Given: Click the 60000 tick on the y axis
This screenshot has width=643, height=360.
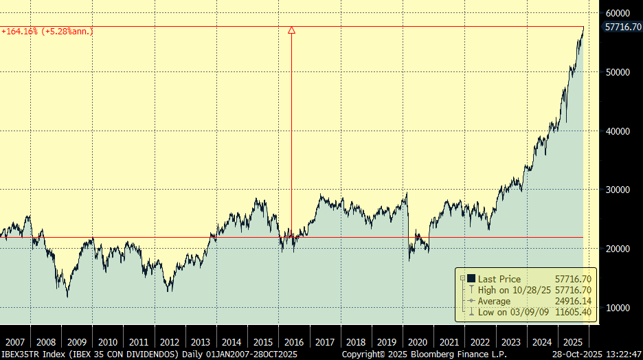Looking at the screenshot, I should click(x=618, y=13).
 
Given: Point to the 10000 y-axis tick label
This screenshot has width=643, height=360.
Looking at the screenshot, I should click(x=618, y=307).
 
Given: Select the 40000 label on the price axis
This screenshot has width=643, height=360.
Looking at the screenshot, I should click(x=618, y=131).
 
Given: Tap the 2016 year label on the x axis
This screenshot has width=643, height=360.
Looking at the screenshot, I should click(x=294, y=341).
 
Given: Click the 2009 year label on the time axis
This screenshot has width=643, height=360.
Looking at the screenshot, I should click(x=76, y=341).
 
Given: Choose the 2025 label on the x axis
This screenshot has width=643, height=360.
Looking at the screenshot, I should click(x=574, y=341).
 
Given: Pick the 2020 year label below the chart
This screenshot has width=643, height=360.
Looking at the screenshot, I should click(x=418, y=341).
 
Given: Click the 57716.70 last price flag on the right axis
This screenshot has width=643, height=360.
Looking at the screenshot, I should click(x=623, y=27).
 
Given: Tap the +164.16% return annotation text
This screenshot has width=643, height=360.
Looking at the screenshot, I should click(x=47, y=31).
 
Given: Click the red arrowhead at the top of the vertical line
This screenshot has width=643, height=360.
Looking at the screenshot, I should click(x=291, y=30).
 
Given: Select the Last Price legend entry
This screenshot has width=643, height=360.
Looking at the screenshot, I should click(x=499, y=278).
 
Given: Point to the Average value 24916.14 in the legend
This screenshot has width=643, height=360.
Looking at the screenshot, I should click(x=573, y=301).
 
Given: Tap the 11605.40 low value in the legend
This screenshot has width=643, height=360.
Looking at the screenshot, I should click(x=573, y=313).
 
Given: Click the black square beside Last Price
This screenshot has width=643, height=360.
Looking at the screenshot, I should click(x=471, y=278).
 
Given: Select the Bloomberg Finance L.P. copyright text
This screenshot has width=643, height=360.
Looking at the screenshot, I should click(x=424, y=354).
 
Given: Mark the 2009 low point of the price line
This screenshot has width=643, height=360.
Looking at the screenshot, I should click(x=67, y=297).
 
